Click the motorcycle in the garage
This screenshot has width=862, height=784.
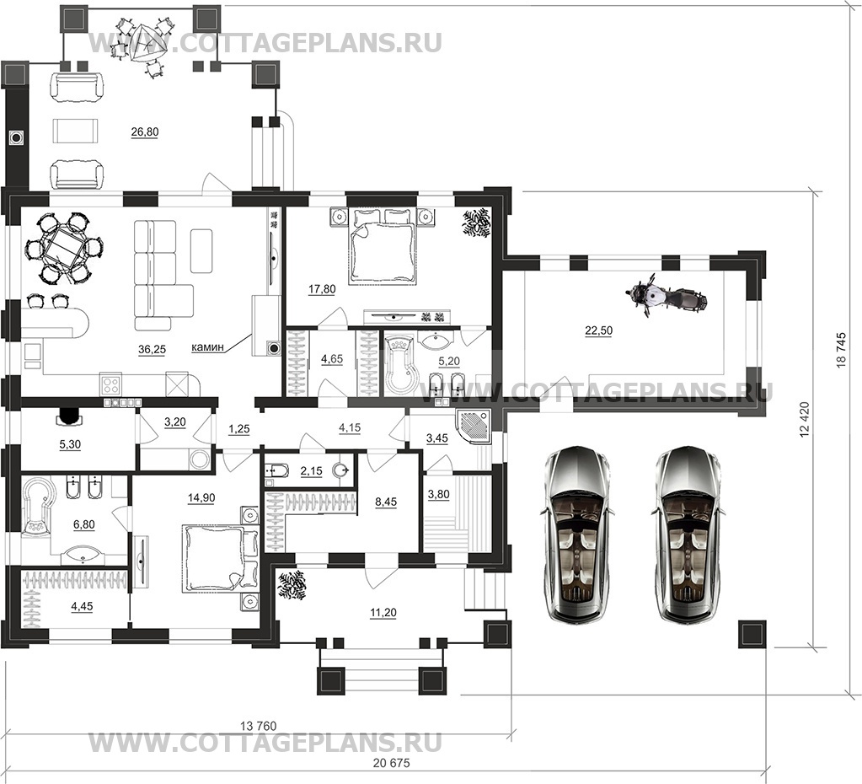click(x=667, y=298)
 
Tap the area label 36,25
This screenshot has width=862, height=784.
click(x=153, y=349)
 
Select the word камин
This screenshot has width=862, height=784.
click(x=208, y=347)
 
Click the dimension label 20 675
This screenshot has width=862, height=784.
click(x=391, y=763)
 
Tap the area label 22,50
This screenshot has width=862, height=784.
click(x=598, y=330)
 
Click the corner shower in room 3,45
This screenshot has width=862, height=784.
click(x=473, y=427)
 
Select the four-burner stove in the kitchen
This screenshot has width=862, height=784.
click(x=110, y=384)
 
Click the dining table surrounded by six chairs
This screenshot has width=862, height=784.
click(x=64, y=248)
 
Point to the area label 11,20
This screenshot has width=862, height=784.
click(x=383, y=612)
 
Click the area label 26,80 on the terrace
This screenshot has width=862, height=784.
click(x=145, y=132)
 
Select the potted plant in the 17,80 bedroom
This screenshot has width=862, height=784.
click(x=475, y=223)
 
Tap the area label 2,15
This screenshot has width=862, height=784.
click(x=311, y=471)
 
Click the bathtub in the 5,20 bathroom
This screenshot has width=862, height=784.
click(x=399, y=366)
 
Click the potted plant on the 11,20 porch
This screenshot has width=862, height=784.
click(x=292, y=585)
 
